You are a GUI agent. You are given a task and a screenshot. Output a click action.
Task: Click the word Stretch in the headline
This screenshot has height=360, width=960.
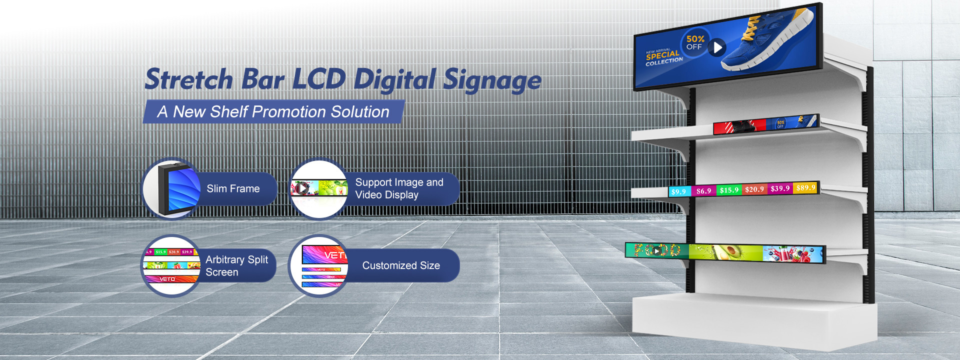click(x=189, y=80)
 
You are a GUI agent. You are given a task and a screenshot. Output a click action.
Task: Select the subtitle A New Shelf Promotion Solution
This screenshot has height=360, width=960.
click(x=273, y=112)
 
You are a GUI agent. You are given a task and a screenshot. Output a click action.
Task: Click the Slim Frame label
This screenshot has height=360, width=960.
click(x=233, y=188)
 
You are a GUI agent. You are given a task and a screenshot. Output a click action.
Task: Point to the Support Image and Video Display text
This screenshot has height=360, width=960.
click(x=399, y=188)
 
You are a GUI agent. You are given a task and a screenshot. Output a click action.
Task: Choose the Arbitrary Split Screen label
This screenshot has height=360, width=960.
click(x=236, y=265)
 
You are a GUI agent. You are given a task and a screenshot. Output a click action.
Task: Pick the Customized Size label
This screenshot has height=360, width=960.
click(x=401, y=265)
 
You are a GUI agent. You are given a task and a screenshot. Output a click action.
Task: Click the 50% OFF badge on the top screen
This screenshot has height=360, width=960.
click(x=694, y=42)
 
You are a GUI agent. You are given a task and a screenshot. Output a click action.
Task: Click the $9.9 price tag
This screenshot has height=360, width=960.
click(x=678, y=191)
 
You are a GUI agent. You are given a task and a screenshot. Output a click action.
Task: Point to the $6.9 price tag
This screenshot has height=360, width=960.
click(x=703, y=191)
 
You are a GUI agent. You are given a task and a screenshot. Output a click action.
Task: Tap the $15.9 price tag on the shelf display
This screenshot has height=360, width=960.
click(x=729, y=190)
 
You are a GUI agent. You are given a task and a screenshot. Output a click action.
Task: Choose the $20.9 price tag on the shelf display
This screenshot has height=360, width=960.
click(x=754, y=189)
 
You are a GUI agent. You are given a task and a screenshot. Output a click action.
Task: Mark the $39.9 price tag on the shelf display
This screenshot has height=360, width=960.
click(x=780, y=188)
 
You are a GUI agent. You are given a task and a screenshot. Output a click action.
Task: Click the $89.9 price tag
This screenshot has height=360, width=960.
click(x=805, y=187)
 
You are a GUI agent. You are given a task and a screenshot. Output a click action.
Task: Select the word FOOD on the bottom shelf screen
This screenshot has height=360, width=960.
click(x=657, y=250)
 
